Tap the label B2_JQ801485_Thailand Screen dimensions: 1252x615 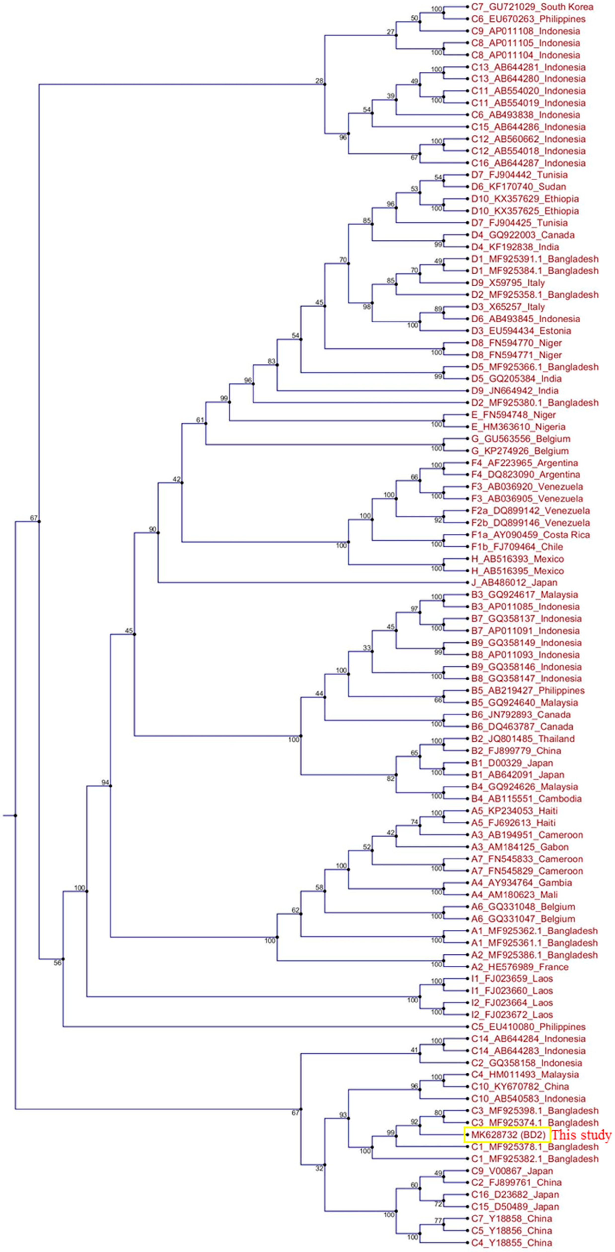coord(523,739)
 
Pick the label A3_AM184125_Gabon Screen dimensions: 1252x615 coord(520,847)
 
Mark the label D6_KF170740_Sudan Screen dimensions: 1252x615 coord(518,187)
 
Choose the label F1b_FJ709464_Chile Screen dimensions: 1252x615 coord(517,547)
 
